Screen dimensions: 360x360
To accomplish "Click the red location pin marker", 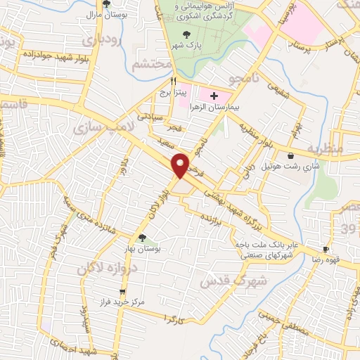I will [181, 165].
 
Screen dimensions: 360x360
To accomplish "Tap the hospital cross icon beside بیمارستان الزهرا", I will [214, 95].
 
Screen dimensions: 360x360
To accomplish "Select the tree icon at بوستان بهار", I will [143, 237].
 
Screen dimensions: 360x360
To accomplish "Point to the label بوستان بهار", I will [148, 249].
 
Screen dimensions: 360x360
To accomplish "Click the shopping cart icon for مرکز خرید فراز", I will [122, 291].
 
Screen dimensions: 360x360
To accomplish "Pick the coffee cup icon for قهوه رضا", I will [326, 249].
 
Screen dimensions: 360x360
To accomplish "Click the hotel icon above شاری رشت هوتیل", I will [291, 155].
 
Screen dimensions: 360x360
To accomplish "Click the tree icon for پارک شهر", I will [186, 34].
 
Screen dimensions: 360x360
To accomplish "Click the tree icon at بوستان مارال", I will [105, 4].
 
